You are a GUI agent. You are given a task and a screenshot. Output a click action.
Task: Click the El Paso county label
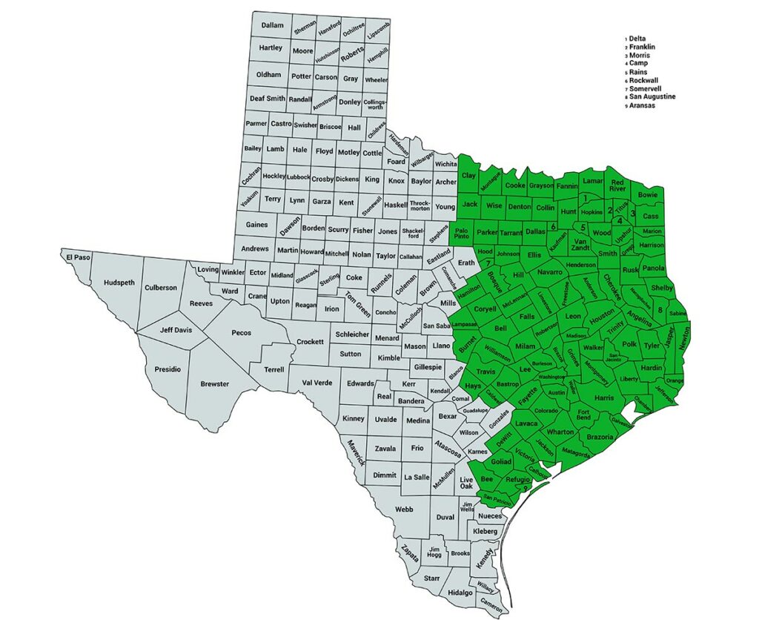click(x=74, y=257)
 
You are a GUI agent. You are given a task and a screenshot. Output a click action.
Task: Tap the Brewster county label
click(x=215, y=383)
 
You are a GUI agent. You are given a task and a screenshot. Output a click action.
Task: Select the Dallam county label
click(x=273, y=25)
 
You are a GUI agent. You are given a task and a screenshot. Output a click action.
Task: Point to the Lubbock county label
click(x=299, y=177)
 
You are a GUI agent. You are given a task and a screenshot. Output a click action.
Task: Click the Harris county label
click(x=604, y=398)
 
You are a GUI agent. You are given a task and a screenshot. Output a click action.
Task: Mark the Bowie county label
click(x=648, y=195)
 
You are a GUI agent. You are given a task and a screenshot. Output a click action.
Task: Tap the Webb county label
click(x=404, y=509)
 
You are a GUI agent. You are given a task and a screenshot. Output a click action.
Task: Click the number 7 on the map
click(x=489, y=262)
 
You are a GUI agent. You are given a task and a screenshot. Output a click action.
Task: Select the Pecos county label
click(x=242, y=333)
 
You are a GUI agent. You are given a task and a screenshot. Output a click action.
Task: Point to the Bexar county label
click(x=448, y=417)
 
